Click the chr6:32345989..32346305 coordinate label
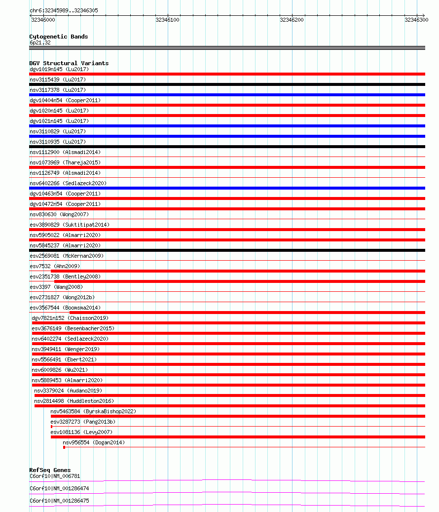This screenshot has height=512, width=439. point(64,10)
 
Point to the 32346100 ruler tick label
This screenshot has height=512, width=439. point(167,20)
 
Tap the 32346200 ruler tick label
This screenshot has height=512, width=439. point(292,20)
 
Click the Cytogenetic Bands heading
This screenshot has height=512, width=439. point(58,37)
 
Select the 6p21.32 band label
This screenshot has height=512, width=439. point(40,42)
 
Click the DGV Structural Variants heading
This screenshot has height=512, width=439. point(69,63)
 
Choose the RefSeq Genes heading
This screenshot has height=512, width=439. point(50,470)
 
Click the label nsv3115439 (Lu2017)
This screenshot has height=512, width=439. point(58,79)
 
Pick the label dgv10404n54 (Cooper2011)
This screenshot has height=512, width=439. point(65,100)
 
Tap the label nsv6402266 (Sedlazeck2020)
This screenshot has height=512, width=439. point(68,183)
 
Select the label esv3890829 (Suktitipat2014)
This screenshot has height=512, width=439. point(69,225)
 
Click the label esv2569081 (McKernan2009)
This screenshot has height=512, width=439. point(67,256)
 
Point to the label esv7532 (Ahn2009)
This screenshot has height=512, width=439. point(54,266)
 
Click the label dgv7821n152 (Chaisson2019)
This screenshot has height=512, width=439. point(70,318)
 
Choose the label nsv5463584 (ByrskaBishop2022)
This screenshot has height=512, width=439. point(93,411)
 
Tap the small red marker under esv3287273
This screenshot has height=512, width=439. point(51,427)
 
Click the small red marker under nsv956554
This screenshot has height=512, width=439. point(64,447)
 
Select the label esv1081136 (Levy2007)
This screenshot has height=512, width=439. point(81,432)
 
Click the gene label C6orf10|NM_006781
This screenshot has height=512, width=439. point(54,476)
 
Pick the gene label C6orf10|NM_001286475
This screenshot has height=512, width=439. point(59,501)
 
